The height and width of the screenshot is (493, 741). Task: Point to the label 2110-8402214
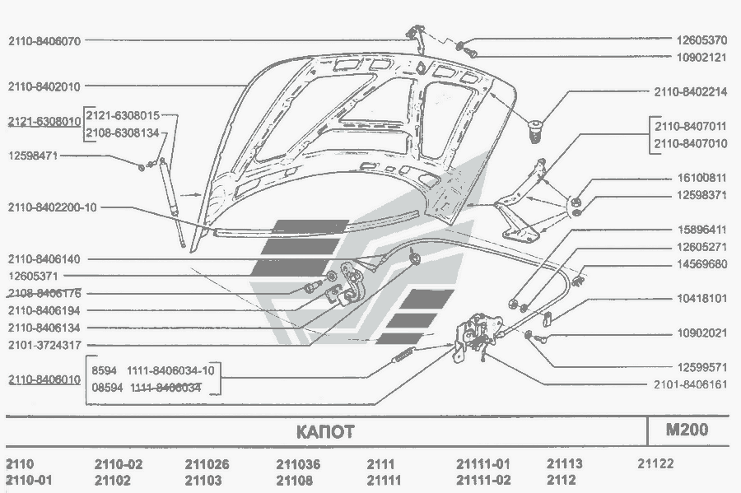point(691,92)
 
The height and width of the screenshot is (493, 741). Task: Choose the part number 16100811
point(701,178)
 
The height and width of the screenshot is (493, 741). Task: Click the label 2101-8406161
point(691,384)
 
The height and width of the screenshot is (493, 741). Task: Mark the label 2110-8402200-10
point(53,207)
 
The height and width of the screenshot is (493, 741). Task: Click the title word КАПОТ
point(324,431)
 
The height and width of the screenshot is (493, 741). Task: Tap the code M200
point(687,430)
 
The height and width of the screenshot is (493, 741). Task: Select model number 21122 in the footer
point(655,464)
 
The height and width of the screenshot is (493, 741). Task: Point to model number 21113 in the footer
point(565,464)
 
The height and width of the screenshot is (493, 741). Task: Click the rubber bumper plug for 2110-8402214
point(536,129)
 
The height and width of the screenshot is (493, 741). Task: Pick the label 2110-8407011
point(690,128)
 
